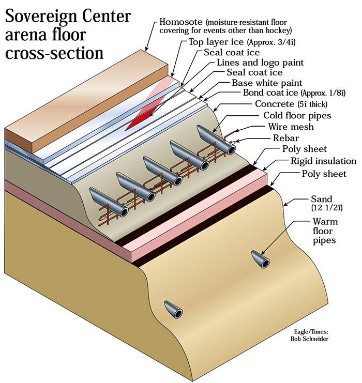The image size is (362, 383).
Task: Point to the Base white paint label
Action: (267, 83)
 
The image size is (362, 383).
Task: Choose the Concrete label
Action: (277, 104)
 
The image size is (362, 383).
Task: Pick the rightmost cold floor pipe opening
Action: (230, 148)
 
